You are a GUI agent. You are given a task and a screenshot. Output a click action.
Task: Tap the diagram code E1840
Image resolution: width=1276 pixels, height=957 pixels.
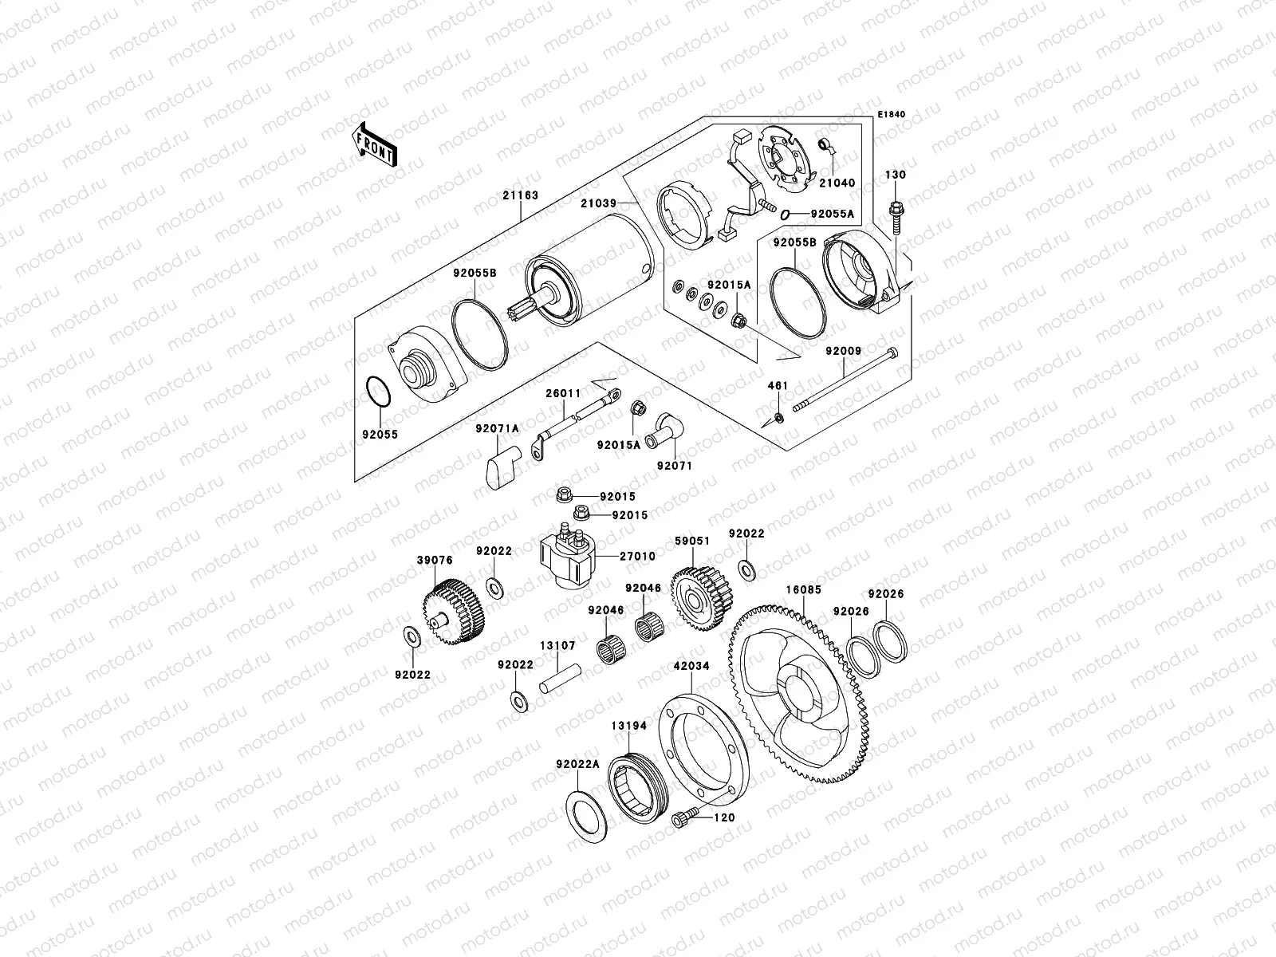(892, 115)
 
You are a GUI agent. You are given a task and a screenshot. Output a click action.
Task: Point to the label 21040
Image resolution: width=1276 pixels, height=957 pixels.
(836, 183)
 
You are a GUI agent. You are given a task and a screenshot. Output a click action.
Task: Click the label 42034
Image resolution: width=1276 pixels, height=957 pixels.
(691, 665)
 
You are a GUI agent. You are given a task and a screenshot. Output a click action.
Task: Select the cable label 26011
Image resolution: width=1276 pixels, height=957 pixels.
(562, 393)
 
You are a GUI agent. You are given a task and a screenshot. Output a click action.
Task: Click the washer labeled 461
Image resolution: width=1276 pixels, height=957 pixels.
(779, 418)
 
